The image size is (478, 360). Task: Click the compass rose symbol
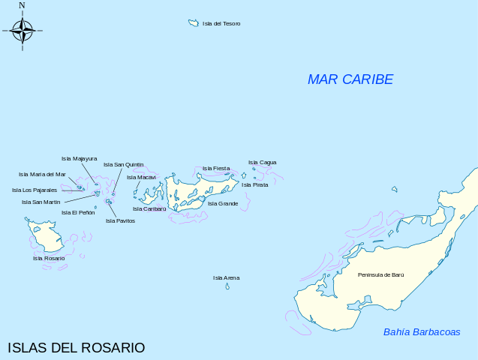click(x=23, y=31)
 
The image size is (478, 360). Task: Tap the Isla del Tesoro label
click(x=221, y=24)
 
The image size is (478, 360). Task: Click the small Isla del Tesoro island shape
click(x=193, y=23)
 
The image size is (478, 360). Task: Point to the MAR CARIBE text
click(x=350, y=79)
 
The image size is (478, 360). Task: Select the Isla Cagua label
click(x=263, y=162)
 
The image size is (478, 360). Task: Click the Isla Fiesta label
click(x=216, y=168)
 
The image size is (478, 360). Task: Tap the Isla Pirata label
click(x=255, y=184)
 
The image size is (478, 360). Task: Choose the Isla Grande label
click(x=223, y=203)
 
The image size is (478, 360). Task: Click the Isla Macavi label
click(x=141, y=178)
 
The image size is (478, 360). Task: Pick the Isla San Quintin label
click(x=123, y=164)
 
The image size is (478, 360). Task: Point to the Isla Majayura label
click(x=79, y=158)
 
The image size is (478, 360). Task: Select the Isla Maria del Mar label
click(x=42, y=174)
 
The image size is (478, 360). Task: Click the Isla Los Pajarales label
click(x=35, y=190)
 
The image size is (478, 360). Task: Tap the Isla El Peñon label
click(x=78, y=212)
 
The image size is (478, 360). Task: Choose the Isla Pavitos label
click(x=120, y=220)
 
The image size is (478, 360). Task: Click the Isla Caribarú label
click(x=149, y=208)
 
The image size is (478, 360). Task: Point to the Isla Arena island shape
click(x=227, y=286)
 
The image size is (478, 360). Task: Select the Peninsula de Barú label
click(x=380, y=275)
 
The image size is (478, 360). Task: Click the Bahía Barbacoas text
click(x=422, y=332)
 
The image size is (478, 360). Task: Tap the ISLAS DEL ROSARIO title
click(x=76, y=348)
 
